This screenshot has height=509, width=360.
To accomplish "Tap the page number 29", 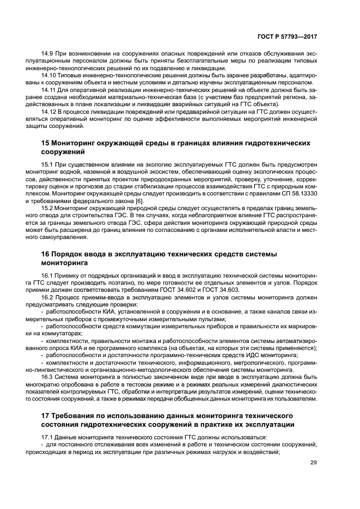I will point(313,463).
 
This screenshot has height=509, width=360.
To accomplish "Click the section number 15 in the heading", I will point(46,143).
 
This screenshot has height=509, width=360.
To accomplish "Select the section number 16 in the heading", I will point(46,254).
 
